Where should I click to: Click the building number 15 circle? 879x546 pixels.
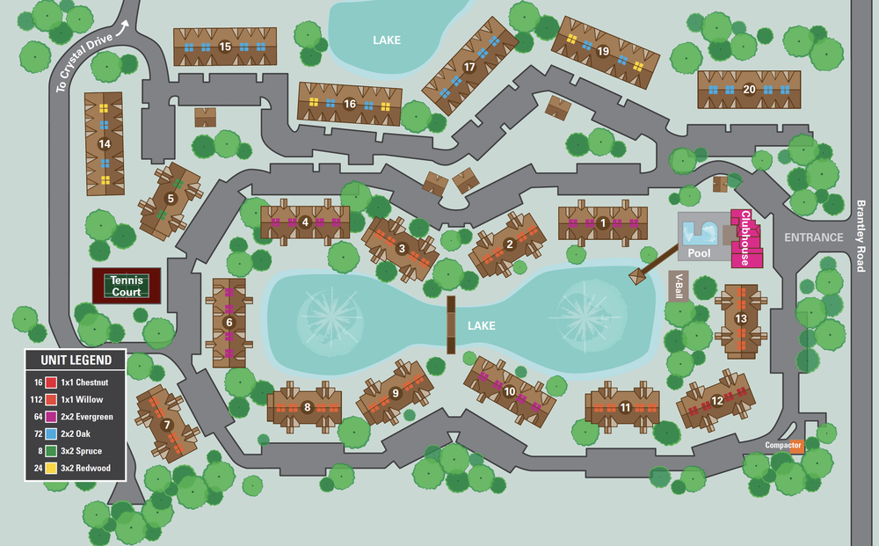pyautogui.click(x=225, y=47)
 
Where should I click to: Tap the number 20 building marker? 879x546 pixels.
pyautogui.click(x=749, y=89)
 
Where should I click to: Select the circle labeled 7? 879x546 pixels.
pyautogui.click(x=167, y=426)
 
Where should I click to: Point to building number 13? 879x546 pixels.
pyautogui.click(x=741, y=318)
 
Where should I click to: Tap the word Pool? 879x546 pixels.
pyautogui.click(x=699, y=253)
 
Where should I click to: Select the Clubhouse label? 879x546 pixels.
pyautogui.click(x=745, y=237)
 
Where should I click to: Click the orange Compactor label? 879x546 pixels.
pyautogui.click(x=784, y=446)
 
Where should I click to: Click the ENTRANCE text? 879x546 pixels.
pyautogui.click(x=814, y=237)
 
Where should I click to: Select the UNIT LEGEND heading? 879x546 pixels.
pyautogui.click(x=75, y=360)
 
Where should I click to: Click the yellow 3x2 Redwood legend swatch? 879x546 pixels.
pyautogui.click(x=51, y=469)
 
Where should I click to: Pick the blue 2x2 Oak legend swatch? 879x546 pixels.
pyautogui.click(x=51, y=433)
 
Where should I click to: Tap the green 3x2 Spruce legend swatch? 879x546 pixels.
pyautogui.click(x=51, y=451)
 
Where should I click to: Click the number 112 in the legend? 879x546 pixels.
pyautogui.click(x=36, y=399)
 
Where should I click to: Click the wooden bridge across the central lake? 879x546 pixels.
pyautogui.click(x=451, y=324)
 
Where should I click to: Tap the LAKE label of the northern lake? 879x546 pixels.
pyautogui.click(x=387, y=40)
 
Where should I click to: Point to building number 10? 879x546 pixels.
pyautogui.click(x=510, y=391)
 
